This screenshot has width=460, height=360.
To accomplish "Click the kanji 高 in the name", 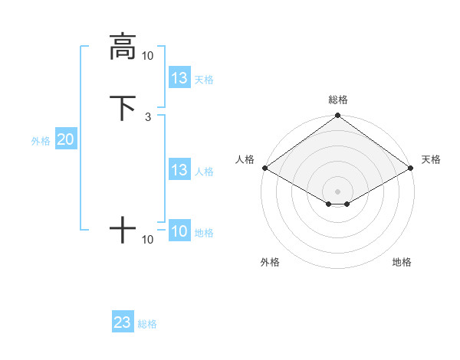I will [122, 46].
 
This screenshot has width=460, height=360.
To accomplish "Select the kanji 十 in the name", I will [122, 230].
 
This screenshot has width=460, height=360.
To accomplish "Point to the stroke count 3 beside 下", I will [147, 116].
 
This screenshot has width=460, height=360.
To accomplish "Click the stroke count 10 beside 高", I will [147, 55].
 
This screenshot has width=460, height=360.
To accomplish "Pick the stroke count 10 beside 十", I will [147, 240].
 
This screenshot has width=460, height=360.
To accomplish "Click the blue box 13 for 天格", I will [179, 78].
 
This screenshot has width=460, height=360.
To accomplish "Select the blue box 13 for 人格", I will [179, 170].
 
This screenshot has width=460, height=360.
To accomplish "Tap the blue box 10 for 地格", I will [179, 231].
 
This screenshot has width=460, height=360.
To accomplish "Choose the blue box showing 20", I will [65, 139].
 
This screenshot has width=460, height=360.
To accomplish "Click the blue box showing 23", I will [122, 322].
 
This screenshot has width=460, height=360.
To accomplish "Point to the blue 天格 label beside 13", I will [204, 79].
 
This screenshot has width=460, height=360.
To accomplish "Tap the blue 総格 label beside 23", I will [147, 324].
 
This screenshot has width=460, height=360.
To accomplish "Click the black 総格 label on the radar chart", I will [338, 100].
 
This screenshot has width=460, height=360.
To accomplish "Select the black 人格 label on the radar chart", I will [245, 159].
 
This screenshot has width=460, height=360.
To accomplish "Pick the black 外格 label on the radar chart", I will [270, 262].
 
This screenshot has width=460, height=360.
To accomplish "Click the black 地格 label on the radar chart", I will [402, 262].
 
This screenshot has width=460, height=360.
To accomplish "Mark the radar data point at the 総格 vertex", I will [338, 116].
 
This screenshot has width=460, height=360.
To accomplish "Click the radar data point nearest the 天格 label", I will [412, 168].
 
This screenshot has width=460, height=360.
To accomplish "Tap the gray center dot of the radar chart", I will [338, 191].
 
